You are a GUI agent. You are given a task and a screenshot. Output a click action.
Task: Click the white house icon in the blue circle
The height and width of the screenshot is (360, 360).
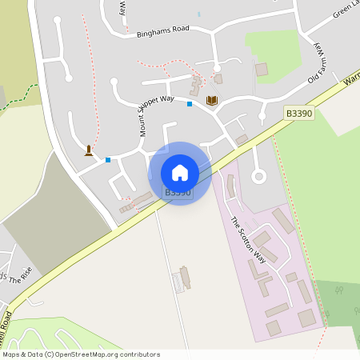pyautogui.click(x=180, y=173)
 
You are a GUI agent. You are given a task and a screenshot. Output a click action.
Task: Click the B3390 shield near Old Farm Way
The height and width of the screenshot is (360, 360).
pyautogui.click(x=298, y=115)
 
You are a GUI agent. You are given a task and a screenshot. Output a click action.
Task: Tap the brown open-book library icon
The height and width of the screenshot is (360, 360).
pyautogui.click(x=211, y=100)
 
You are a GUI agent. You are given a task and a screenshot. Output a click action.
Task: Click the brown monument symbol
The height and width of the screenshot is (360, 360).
pyautogui.click(x=88, y=150)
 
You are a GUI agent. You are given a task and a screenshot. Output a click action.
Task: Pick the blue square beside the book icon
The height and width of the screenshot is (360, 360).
pyautogui.click(x=190, y=104)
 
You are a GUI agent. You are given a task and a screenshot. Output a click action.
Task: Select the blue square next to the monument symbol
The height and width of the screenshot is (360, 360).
pyautogui.click(x=108, y=160)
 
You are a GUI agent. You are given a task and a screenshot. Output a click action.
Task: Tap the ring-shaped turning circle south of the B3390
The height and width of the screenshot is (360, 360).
pyautogui.click(x=258, y=177)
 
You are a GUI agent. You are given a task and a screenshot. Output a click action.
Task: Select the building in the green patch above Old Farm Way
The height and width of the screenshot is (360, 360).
pyautogui.click(x=262, y=70)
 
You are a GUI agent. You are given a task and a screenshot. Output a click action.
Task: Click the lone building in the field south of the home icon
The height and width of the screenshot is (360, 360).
pyautogui.click(x=186, y=277)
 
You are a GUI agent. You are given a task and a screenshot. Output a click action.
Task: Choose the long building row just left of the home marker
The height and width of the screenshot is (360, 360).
pyautogui.click(x=137, y=202)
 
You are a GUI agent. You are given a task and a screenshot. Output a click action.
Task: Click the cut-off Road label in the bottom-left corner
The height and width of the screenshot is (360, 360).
pyautogui.click(x=8, y=312)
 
